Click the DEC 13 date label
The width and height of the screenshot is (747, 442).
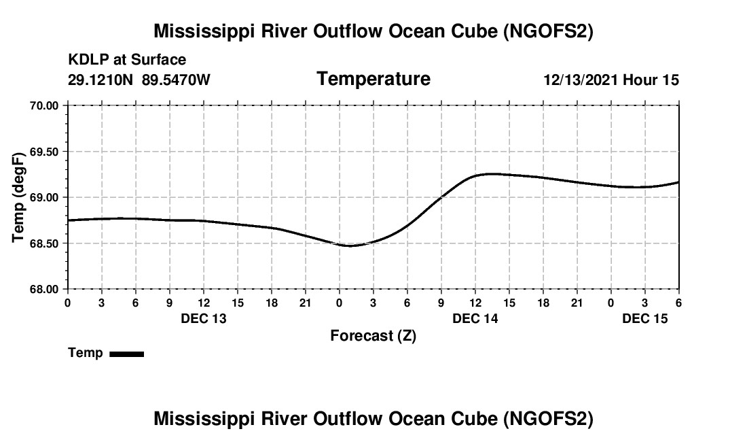click(x=204, y=318)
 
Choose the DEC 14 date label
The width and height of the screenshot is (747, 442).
click(x=475, y=318)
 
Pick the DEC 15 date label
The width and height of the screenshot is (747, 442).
click(x=645, y=318)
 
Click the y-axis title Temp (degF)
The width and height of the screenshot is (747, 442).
click(x=20, y=197)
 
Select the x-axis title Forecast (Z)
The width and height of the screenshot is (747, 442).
click(x=373, y=336)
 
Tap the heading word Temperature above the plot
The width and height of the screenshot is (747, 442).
click(x=373, y=79)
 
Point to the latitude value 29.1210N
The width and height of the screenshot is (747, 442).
click(x=102, y=80)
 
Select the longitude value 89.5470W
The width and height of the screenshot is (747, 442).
click(x=177, y=80)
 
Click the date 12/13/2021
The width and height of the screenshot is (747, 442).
click(x=581, y=80)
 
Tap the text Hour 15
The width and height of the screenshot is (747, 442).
click(x=651, y=80)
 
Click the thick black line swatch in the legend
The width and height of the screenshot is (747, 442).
click(x=127, y=354)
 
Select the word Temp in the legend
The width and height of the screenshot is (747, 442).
click(x=86, y=353)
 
